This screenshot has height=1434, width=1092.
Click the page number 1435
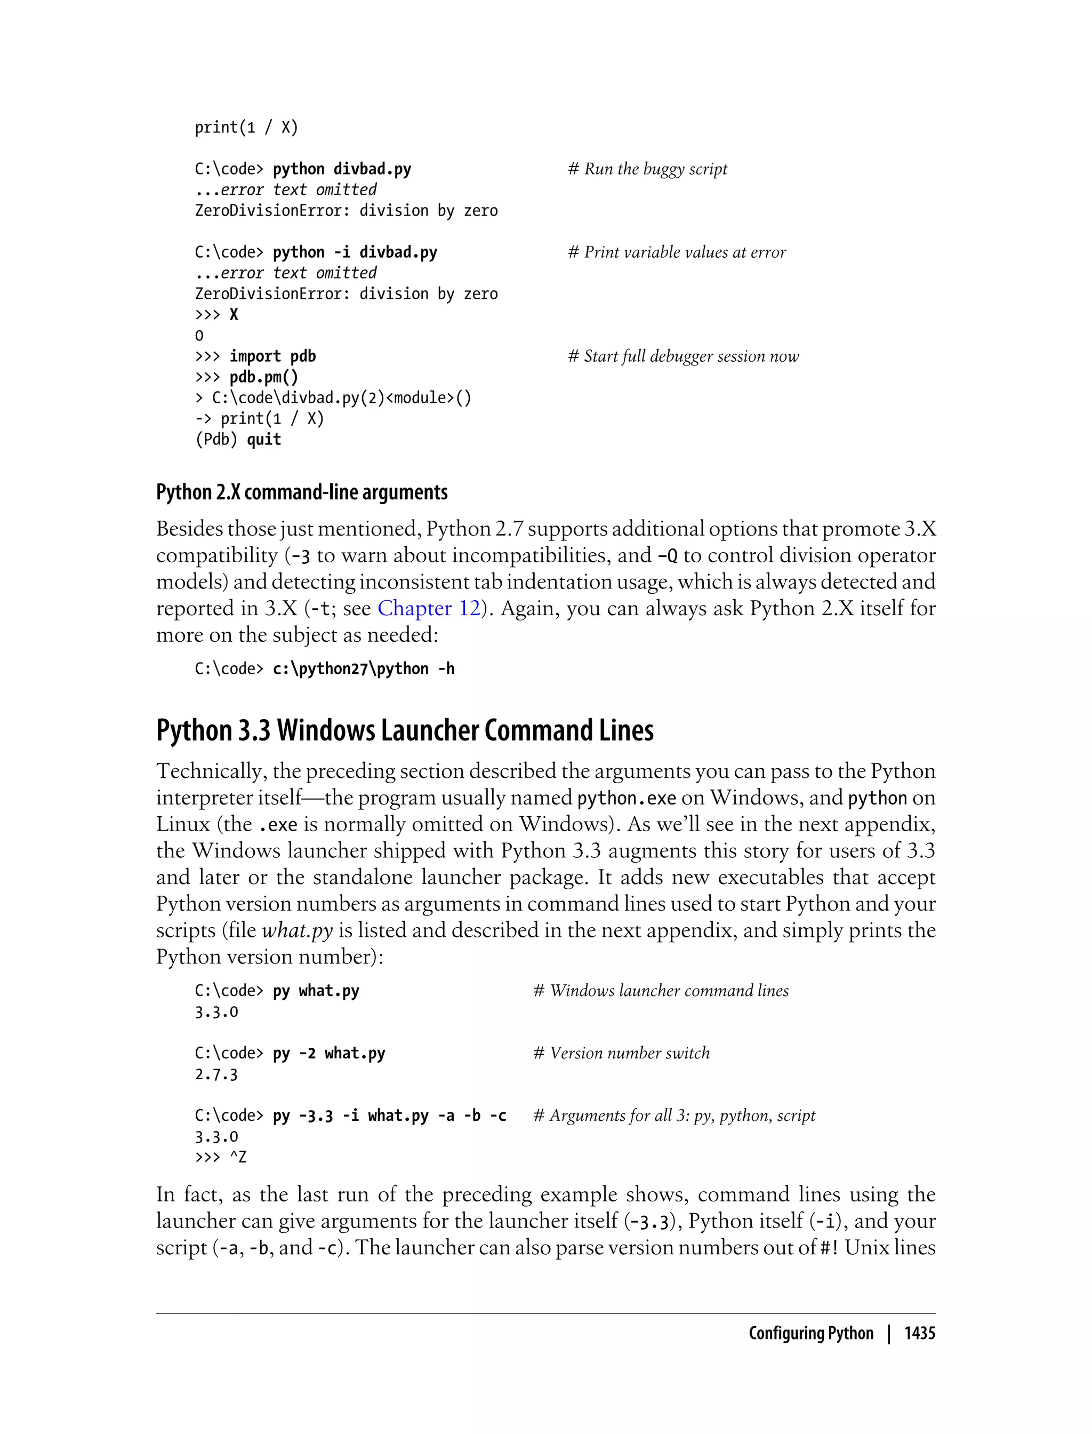click(919, 1333)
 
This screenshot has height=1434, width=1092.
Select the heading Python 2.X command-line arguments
click(302, 493)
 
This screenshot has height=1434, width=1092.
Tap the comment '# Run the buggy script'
click(647, 169)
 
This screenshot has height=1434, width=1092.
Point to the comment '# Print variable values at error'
click(677, 252)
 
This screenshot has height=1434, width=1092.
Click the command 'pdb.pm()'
click(263, 377)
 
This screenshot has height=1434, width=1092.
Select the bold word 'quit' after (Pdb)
click(264, 440)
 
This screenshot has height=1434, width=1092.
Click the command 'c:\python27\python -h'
click(363, 669)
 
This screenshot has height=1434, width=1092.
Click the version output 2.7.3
click(216, 1074)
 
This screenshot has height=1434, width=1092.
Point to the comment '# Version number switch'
click(621, 1053)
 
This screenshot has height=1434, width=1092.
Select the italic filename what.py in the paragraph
click(297, 930)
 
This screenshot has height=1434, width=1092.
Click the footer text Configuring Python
click(810, 1333)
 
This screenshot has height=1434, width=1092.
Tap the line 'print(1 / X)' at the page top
click(246, 128)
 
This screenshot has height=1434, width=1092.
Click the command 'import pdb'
click(272, 356)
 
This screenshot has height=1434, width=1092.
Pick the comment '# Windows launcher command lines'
click(661, 991)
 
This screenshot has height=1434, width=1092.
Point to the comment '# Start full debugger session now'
click(683, 356)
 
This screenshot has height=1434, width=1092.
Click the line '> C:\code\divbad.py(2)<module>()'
click(333, 398)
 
